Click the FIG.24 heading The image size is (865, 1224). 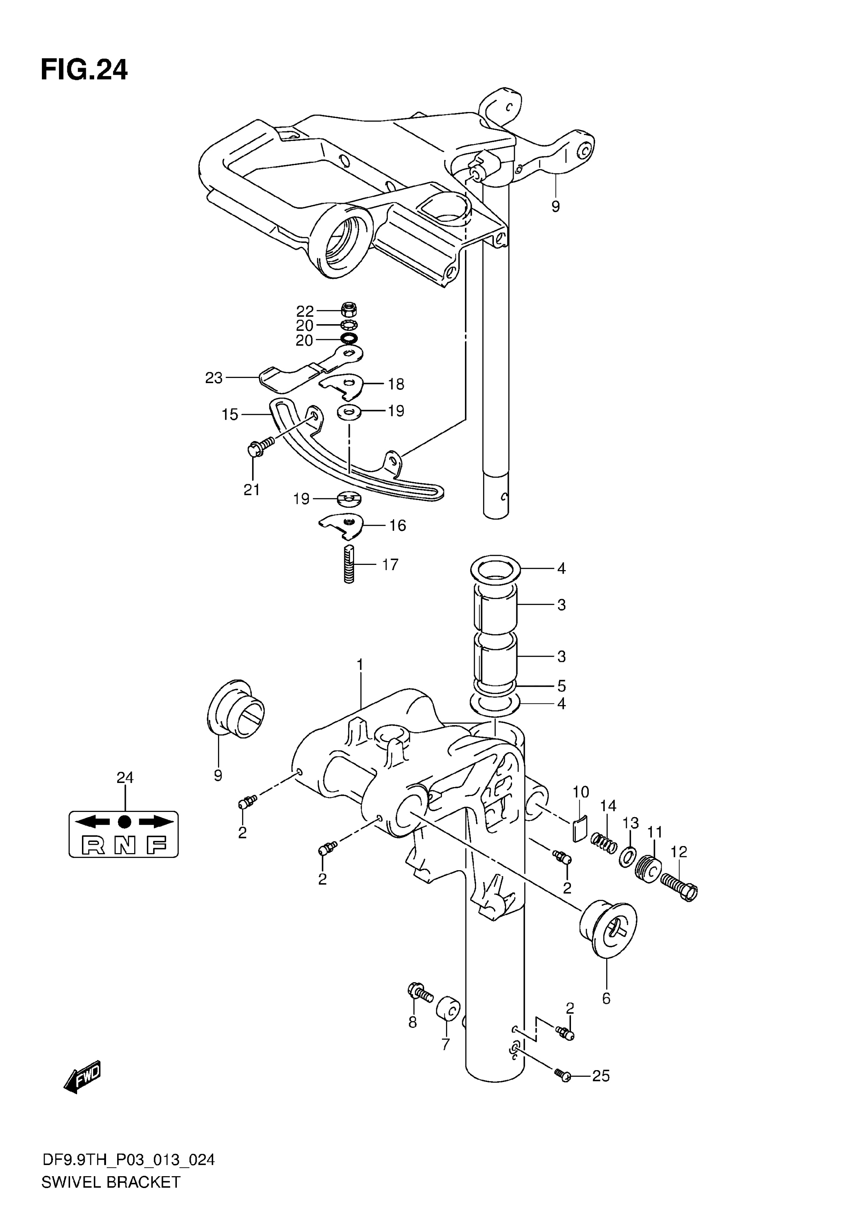tap(84, 70)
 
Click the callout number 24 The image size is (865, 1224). tap(125, 778)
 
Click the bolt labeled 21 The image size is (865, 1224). tap(261, 447)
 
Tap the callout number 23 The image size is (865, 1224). tap(214, 378)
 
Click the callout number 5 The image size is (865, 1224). tap(561, 686)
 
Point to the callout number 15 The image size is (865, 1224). tap(230, 414)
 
